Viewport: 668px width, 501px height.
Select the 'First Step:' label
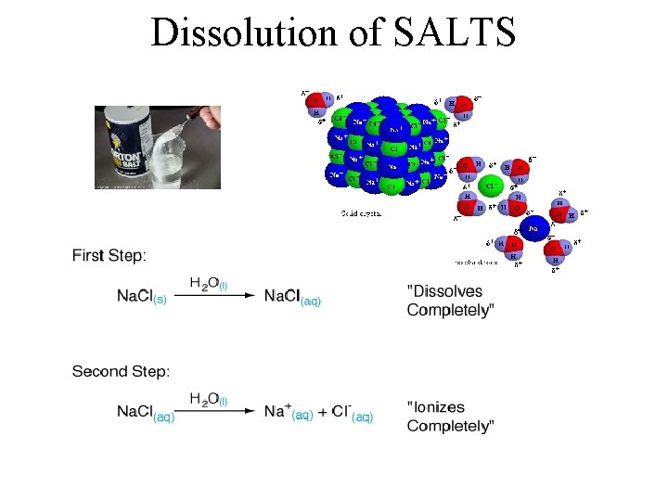click(x=109, y=255)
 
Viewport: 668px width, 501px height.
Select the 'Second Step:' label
click(x=121, y=371)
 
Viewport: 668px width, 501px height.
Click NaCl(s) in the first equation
click(x=142, y=298)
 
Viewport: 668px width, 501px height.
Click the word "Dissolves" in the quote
click(x=445, y=291)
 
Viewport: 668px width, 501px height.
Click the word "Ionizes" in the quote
click(x=437, y=407)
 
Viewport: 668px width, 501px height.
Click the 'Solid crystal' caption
click(x=362, y=213)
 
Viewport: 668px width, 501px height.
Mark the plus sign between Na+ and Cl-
click(x=322, y=413)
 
